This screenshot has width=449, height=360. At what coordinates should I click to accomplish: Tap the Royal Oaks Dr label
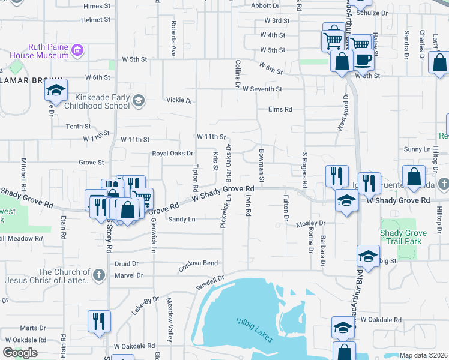coord(172,153)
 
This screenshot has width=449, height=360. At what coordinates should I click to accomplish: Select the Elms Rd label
coord(280,109)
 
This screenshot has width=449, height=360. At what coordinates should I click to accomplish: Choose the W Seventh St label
coord(262,89)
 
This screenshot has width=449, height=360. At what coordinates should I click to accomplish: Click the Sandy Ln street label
coord(182,220)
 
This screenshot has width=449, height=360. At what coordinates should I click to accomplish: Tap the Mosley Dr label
coord(310,223)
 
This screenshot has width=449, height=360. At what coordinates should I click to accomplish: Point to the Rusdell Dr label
coord(209,284)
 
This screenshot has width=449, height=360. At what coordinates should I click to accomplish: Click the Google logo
coord(20,352)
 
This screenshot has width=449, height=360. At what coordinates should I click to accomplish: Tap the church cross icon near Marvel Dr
coord(100,276)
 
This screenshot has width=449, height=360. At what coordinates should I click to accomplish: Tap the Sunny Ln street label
coord(418,149)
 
